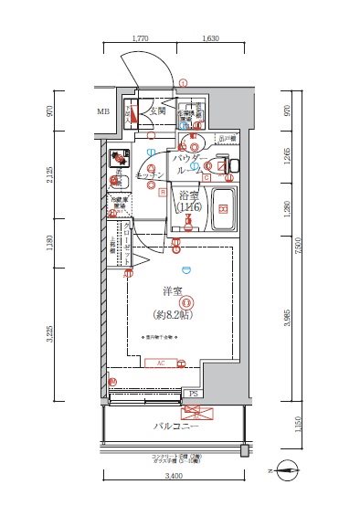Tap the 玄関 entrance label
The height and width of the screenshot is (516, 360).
157,111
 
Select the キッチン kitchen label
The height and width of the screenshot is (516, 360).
151,174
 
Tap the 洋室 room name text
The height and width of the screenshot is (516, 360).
173,290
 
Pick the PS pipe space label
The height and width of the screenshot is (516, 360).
193,394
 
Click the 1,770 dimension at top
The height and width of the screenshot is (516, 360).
140,39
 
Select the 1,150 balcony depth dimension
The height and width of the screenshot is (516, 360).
290,425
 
